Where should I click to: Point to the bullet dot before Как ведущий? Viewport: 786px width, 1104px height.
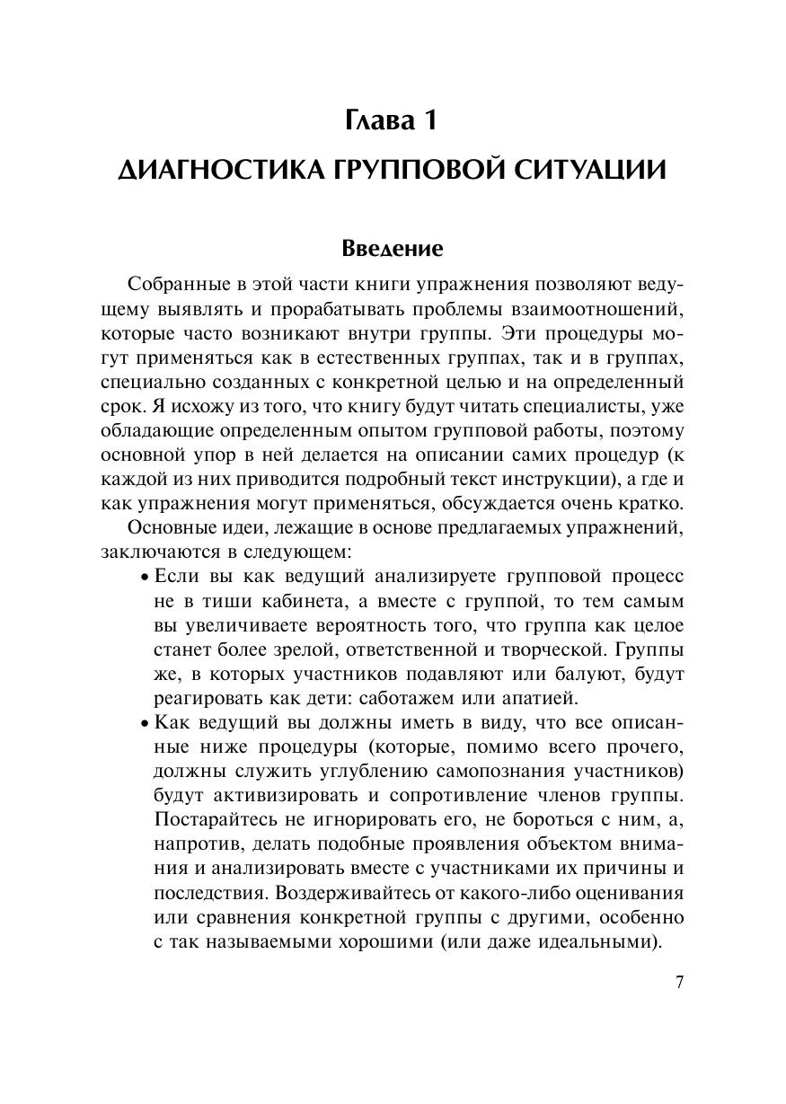click(146, 723)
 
